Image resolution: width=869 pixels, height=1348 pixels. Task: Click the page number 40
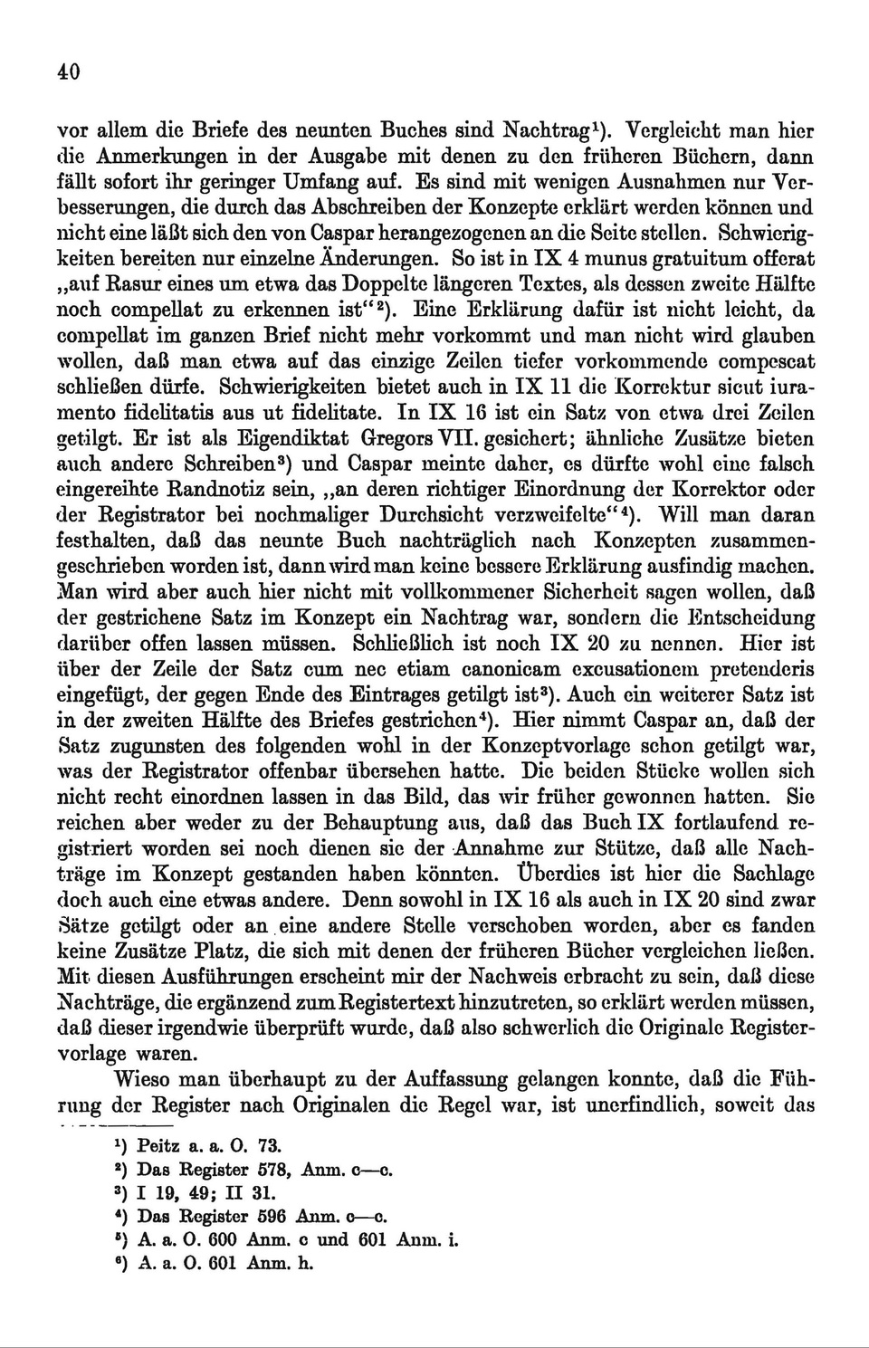[69, 72]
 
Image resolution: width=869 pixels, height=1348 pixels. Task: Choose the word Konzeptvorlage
[580, 747]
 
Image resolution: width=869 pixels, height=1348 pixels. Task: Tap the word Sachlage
[774, 875]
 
